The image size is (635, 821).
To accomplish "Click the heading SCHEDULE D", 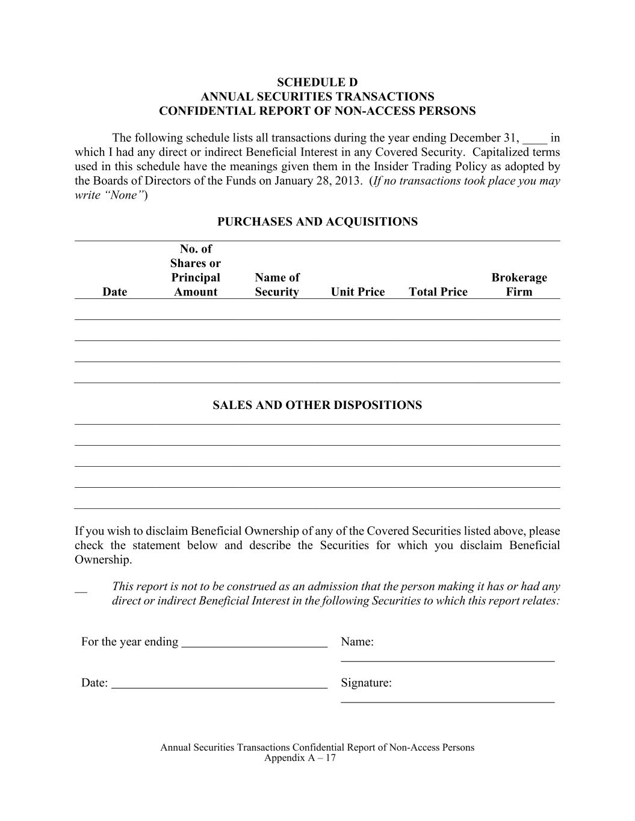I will tap(317, 82).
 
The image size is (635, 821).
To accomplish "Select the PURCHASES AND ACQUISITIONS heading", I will tap(317, 222).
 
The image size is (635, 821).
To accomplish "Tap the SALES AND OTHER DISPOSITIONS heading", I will tap(317, 405).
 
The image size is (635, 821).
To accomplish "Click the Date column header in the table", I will tap(115, 292).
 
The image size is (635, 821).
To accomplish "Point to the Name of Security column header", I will tap(277, 284).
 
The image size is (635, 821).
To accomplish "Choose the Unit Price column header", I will tap(358, 292).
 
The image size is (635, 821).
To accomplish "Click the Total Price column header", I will tap(438, 292).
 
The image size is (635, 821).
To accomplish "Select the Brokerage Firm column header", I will tap(519, 284).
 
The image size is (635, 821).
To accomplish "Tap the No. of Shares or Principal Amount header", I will tap(196, 271).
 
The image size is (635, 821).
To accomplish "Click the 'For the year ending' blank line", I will tap(254, 644).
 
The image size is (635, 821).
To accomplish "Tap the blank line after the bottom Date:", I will tap(220, 684).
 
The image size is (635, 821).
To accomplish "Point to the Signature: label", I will tap(366, 683).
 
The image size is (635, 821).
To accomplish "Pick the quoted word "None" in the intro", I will tap(125, 195).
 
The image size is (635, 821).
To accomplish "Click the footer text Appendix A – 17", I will tap(300, 758).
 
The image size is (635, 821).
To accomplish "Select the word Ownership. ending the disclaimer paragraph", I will tap(103, 560).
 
